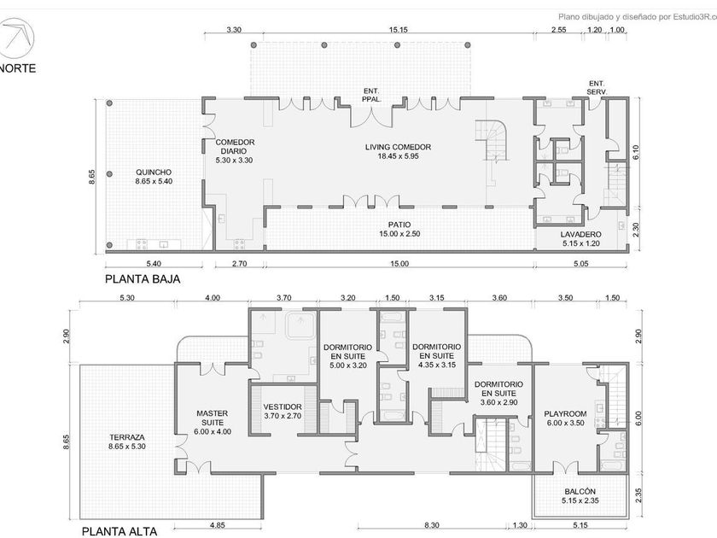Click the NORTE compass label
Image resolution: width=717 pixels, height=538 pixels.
tap(17, 68)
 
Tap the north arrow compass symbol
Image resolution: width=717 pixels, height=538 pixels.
tap(18, 36)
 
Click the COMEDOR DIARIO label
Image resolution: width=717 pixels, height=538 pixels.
tap(235, 147)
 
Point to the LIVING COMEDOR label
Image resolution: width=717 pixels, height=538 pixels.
tap(398, 147)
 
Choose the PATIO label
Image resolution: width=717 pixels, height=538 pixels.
tap(399, 225)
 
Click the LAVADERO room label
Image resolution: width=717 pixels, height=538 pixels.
tap(580, 235)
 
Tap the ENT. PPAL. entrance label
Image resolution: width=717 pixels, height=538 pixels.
tap(371, 95)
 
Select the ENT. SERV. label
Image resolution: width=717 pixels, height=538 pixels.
tap(597, 87)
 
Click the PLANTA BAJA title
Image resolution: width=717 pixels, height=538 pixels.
tap(143, 279)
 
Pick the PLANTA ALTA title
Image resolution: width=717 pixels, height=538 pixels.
tap(119, 531)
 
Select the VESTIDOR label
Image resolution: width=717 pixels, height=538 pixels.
tap(283, 407)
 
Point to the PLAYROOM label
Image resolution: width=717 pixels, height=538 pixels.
tap(565, 414)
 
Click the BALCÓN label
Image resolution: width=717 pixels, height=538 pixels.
tap(580, 492)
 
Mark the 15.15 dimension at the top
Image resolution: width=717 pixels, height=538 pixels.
tap(399, 30)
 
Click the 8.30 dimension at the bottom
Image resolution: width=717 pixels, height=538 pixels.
tap(432, 525)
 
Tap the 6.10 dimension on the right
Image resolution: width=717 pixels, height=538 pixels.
tap(636, 152)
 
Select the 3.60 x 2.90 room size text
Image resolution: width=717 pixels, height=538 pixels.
tap(498, 402)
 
